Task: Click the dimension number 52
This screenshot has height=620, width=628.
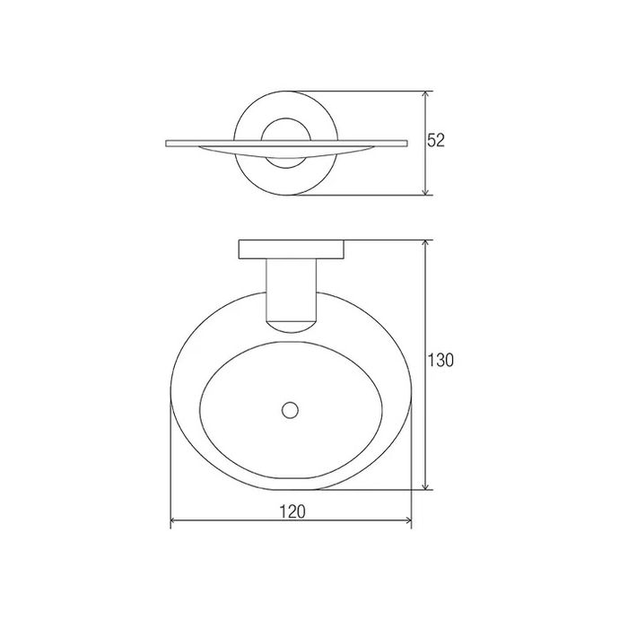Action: point(436,140)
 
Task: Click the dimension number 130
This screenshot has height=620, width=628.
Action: point(440,361)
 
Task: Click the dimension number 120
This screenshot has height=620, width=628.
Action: point(292,511)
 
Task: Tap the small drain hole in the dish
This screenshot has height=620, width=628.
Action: point(290,411)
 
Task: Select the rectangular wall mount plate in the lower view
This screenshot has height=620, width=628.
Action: point(292,249)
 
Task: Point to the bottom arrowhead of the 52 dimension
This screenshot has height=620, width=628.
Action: point(427,190)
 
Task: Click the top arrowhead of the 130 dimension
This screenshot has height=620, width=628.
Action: point(427,245)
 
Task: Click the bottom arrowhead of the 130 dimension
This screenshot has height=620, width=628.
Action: point(427,485)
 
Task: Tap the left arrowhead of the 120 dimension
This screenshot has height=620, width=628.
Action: point(176,520)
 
